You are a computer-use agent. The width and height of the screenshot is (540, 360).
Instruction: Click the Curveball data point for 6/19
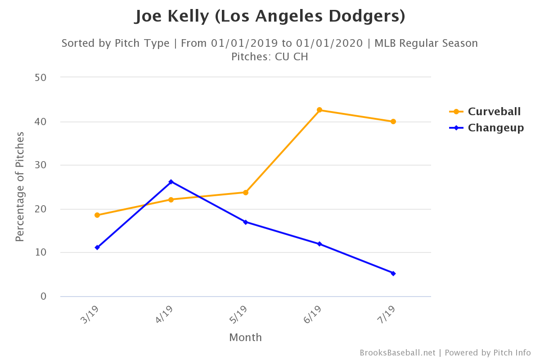319,110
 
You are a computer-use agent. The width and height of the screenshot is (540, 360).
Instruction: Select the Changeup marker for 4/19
171,182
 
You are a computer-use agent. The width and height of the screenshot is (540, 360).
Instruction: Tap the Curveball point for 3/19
97,215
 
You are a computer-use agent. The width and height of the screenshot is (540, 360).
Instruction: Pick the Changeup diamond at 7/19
393,273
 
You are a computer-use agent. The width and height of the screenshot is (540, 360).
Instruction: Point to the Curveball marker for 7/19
393,121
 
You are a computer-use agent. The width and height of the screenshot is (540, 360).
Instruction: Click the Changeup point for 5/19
245,222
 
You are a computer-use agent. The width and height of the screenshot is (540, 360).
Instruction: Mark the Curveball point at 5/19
245,193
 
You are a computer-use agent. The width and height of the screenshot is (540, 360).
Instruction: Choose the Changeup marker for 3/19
97,247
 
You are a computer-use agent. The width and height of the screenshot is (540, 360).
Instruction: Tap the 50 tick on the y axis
41,77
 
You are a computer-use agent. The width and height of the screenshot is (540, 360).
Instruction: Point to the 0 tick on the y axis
44,296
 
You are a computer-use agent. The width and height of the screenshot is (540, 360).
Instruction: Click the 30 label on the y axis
41,165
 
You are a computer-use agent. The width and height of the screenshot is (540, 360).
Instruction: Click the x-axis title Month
245,337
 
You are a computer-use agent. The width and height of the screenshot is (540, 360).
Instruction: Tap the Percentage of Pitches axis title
19,187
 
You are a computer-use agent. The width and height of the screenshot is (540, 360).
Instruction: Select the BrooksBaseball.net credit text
397,353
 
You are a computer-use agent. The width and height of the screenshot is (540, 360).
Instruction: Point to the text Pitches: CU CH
270,57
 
